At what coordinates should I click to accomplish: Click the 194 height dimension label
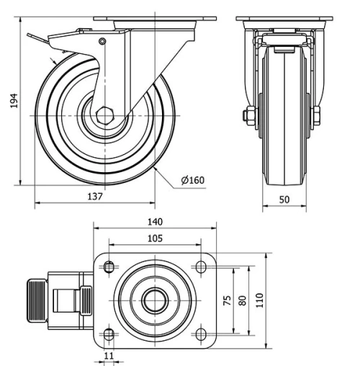point(14,102)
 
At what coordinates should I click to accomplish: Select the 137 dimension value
point(96,196)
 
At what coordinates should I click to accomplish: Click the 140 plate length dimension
point(155,222)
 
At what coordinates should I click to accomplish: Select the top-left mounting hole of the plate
point(108,267)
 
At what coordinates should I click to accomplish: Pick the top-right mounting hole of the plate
point(201,267)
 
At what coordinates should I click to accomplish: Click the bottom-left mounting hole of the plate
point(108,334)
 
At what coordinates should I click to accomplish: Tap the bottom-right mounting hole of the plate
point(201,334)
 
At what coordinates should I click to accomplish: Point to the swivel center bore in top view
point(154,301)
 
